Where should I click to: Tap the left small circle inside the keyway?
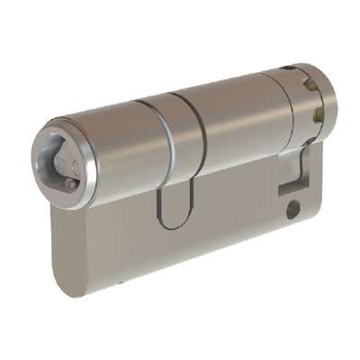click(59, 163)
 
